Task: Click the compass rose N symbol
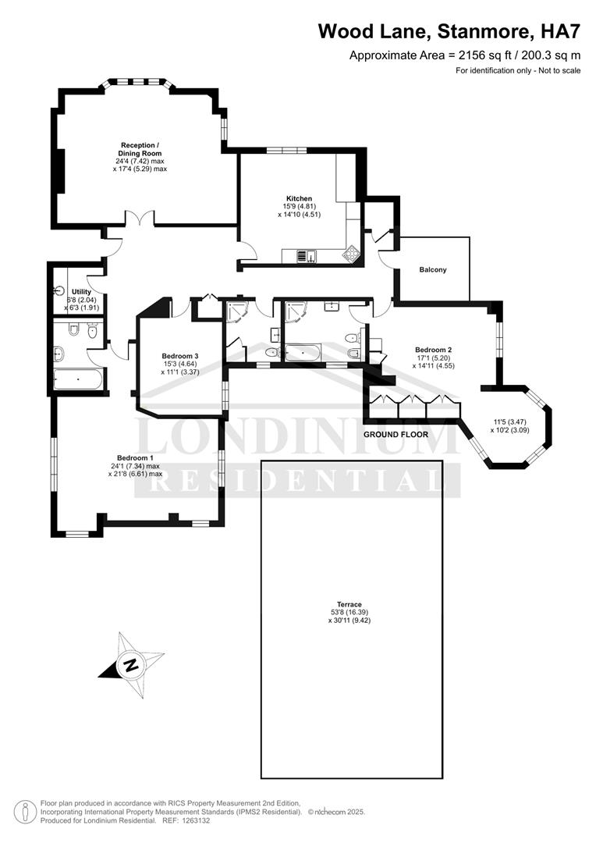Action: point(131,666)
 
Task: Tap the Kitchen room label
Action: point(299,199)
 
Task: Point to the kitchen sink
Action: point(306,254)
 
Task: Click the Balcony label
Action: point(433,270)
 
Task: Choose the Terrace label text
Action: point(349,604)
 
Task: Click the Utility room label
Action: point(81,292)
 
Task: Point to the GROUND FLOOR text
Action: point(396,434)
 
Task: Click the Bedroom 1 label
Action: point(135,457)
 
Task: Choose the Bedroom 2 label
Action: point(434,350)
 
